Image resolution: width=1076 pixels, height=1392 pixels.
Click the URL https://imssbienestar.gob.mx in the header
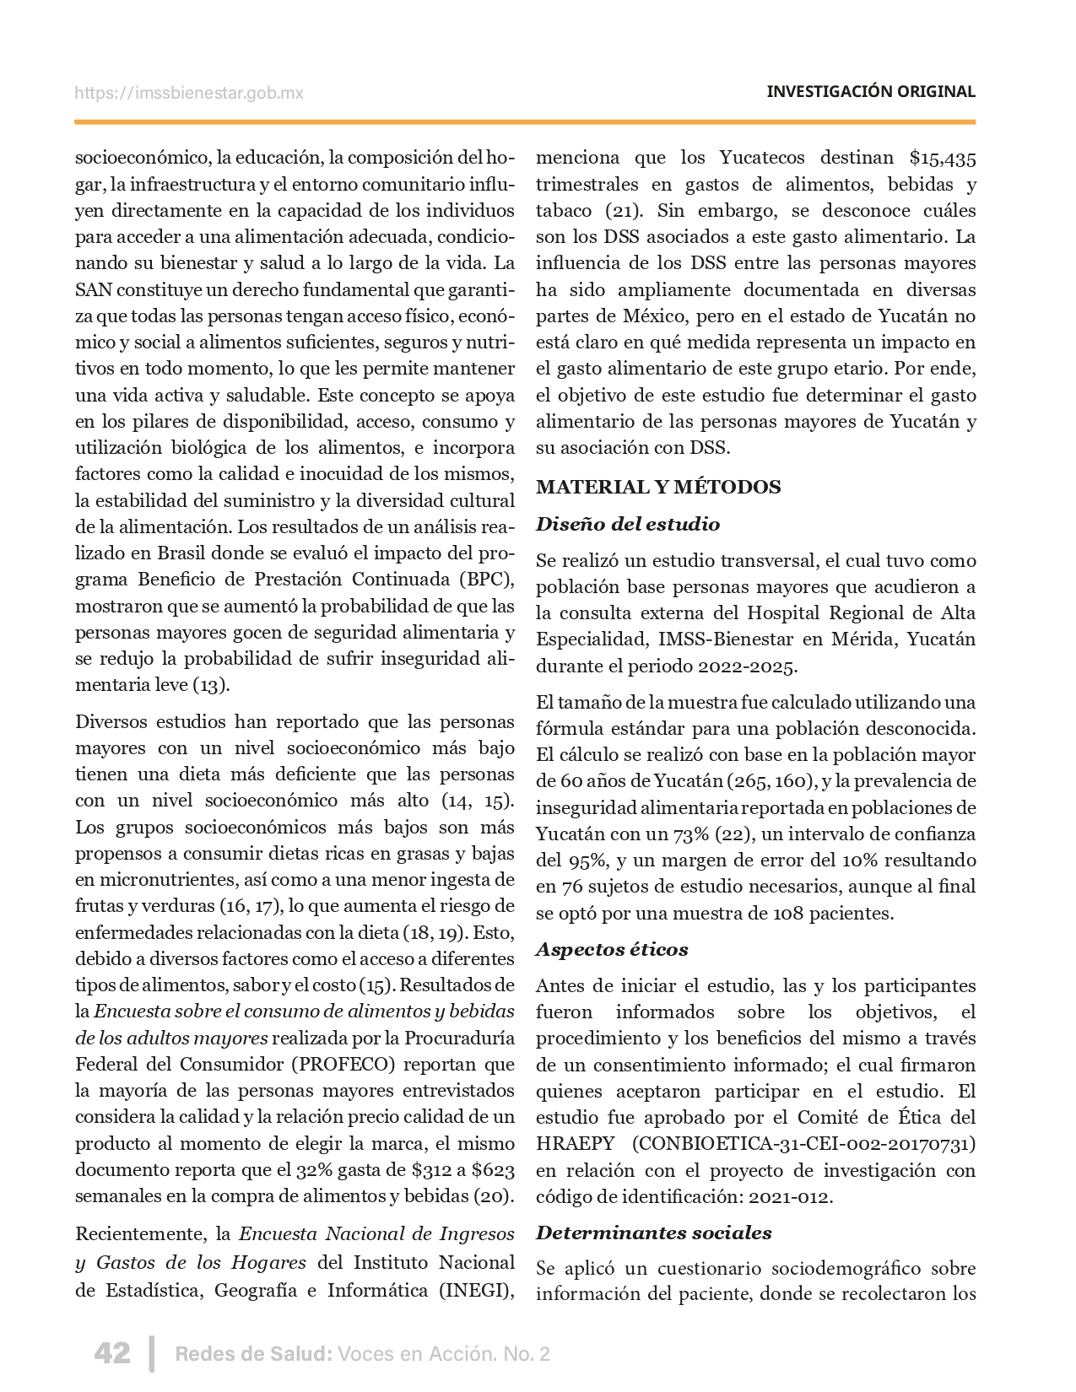click(189, 93)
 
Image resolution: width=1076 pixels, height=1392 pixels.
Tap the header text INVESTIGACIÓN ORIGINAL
click(870, 92)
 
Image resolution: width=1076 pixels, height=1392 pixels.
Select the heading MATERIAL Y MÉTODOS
click(658, 487)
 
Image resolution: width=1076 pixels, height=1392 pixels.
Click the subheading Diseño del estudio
click(628, 524)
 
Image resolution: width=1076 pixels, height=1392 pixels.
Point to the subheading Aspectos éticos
click(612, 949)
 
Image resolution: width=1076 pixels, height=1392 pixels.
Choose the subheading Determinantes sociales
click(653, 1233)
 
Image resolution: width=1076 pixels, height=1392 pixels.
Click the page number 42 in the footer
click(111, 1353)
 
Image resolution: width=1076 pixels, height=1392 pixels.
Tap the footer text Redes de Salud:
click(252, 1354)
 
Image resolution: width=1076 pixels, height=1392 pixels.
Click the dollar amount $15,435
click(943, 158)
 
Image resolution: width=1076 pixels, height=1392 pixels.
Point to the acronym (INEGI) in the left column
click(478, 1290)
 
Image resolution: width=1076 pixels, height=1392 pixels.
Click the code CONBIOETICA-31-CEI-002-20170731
click(803, 1144)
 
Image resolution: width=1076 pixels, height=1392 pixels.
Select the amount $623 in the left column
click(494, 1170)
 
